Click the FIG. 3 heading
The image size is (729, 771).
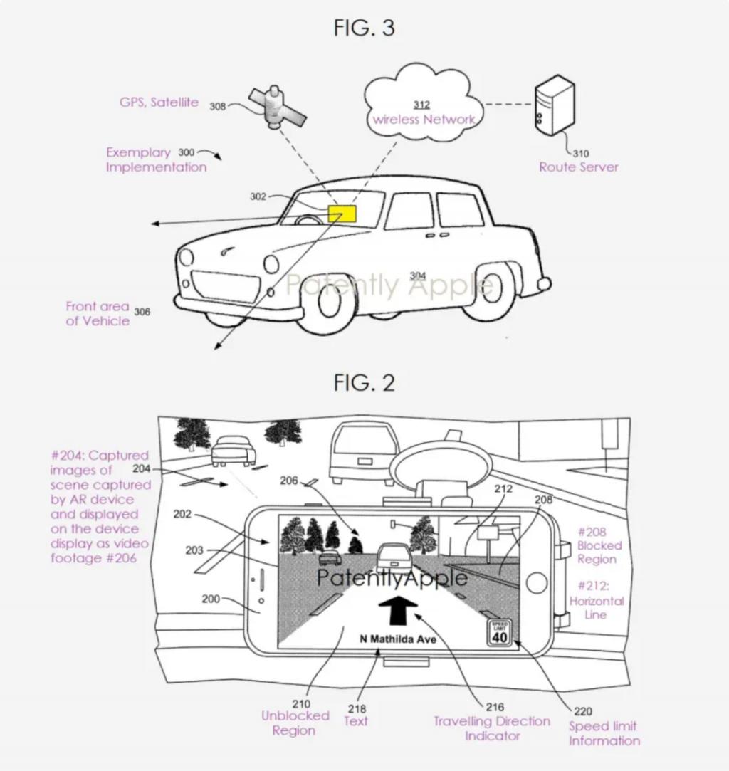[364, 28]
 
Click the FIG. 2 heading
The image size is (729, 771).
[364, 382]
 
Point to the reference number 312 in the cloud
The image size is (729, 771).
[421, 105]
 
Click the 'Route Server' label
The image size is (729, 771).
[578, 167]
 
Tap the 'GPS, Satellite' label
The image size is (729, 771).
[159, 103]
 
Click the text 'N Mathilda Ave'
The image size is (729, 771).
[397, 639]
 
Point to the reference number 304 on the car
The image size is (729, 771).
[418, 276]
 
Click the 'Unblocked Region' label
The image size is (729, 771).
[295, 723]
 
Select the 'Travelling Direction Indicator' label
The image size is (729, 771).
[492, 728]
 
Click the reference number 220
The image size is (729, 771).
[582, 711]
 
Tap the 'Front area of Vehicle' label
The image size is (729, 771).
[98, 313]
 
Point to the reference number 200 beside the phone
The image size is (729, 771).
[211, 599]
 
